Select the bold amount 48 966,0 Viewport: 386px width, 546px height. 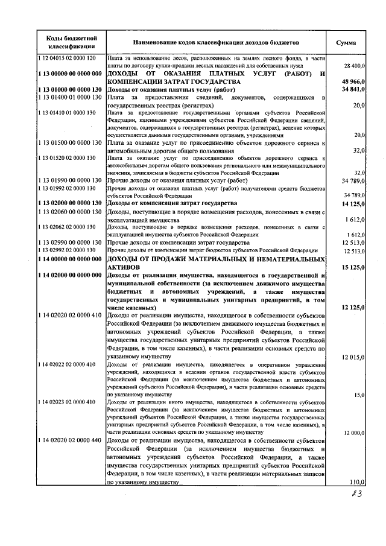tap(353, 81)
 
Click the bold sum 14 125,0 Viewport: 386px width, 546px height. tap(353, 203)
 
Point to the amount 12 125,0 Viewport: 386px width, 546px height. tap(353, 307)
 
